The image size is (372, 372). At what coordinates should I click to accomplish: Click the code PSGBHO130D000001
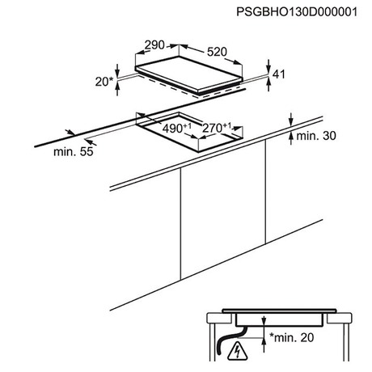click(x=297, y=12)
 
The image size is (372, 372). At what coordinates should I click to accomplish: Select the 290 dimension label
click(x=154, y=45)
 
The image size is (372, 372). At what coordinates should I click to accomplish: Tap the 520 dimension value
click(x=217, y=52)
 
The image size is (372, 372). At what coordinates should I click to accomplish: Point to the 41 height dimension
click(x=279, y=74)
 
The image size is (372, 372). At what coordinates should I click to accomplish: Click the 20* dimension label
click(x=104, y=82)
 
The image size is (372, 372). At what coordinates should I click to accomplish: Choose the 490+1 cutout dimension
click(x=176, y=129)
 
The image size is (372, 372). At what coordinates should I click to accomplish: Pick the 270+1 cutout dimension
click(x=217, y=128)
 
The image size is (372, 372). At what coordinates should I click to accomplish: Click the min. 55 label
click(x=74, y=151)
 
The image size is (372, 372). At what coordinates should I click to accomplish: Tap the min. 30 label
click(x=316, y=136)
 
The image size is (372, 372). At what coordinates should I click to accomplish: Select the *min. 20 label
click(x=292, y=337)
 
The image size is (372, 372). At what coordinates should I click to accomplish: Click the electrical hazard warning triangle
click(x=237, y=351)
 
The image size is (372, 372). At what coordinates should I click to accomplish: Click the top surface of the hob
click(x=188, y=73)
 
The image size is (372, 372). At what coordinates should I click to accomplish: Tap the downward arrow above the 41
click(x=268, y=66)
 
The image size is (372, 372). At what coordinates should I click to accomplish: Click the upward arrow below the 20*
click(x=117, y=88)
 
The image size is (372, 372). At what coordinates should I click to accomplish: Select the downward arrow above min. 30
click(x=290, y=120)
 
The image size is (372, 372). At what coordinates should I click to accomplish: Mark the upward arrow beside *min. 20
click(x=264, y=345)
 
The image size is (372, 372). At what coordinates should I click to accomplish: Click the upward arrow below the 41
click(x=268, y=83)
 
